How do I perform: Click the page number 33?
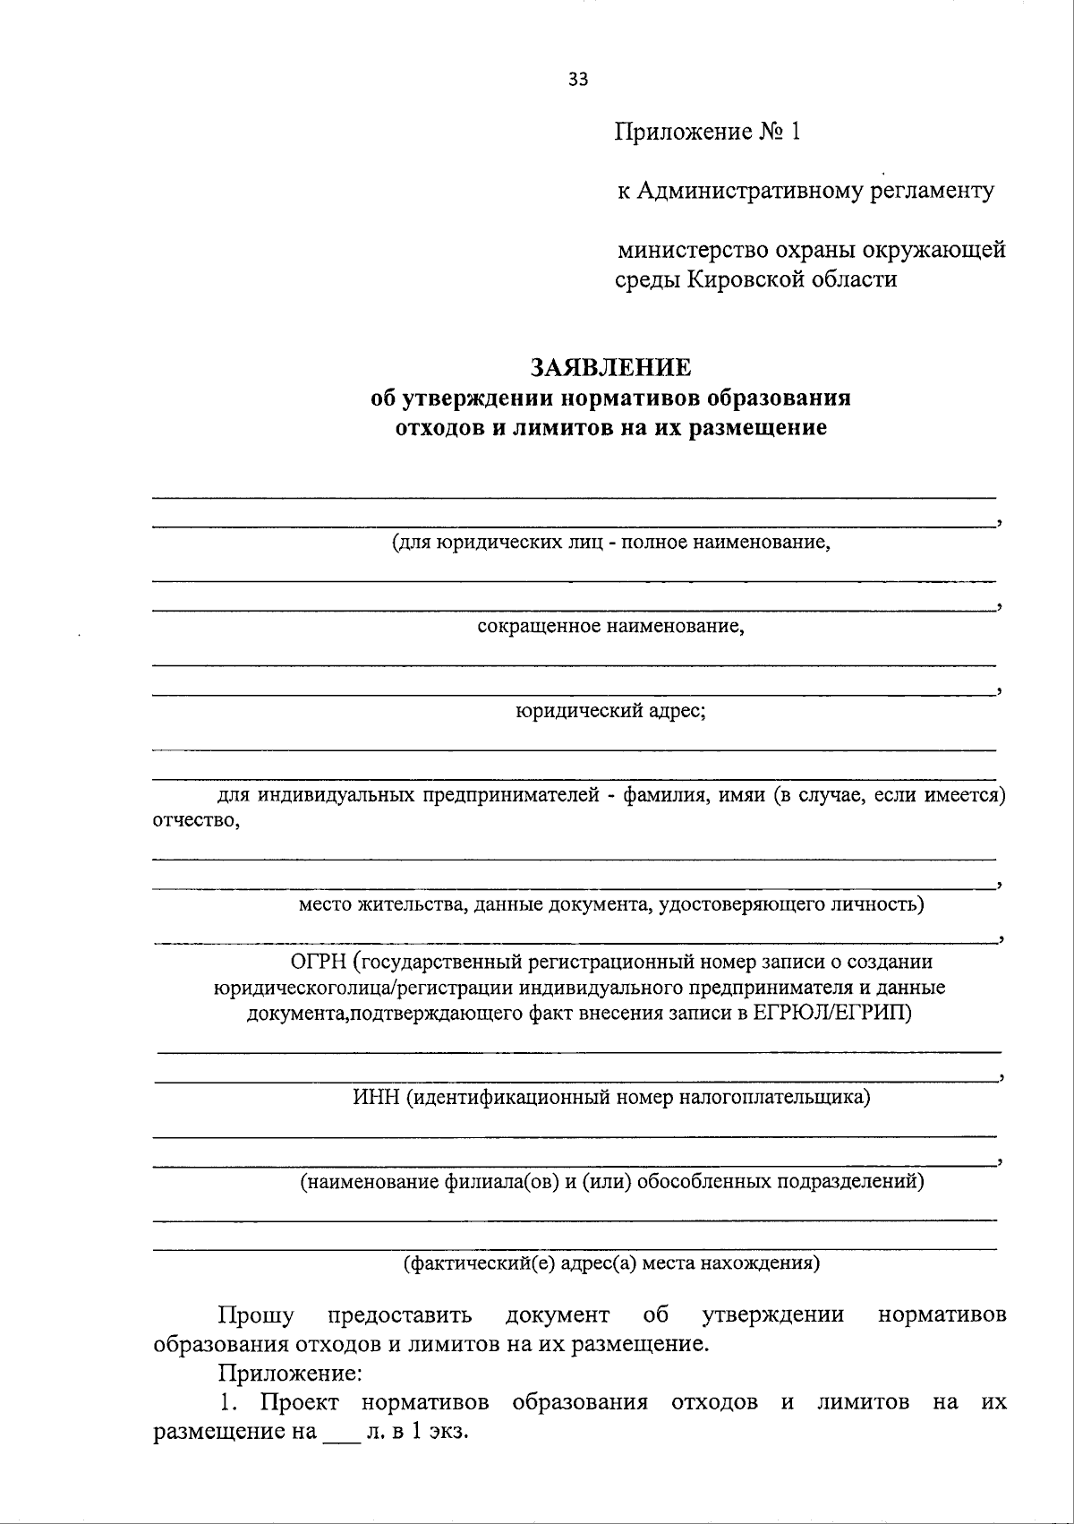click(x=578, y=80)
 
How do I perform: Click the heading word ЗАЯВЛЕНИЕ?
click(x=610, y=367)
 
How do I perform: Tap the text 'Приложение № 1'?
click(x=706, y=133)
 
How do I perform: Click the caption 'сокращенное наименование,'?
click(x=610, y=626)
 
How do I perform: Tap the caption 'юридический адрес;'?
click(x=610, y=711)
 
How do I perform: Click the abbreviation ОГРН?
click(x=318, y=962)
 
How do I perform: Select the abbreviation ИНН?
click(x=376, y=1097)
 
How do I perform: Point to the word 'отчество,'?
click(x=196, y=820)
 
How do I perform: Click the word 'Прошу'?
click(x=256, y=1314)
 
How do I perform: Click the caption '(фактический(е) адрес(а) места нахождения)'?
click(x=610, y=1263)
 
